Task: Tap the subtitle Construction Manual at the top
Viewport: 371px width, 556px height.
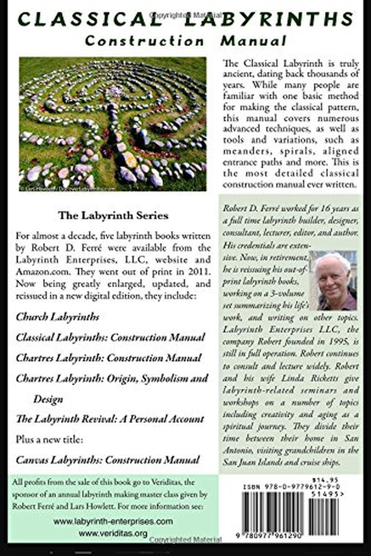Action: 185,41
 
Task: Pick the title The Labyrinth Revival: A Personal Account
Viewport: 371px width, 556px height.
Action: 110,419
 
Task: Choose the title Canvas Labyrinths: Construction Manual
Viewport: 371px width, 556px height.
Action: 108,460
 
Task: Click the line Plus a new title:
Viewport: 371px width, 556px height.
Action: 50,439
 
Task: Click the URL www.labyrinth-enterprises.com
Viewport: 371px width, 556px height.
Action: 113,521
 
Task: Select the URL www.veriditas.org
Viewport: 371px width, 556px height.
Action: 113,533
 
